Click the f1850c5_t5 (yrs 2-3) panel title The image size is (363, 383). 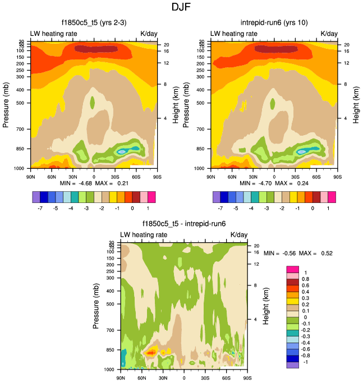click(93, 23)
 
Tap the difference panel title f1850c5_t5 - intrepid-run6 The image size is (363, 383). click(183, 224)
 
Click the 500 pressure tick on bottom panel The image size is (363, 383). click(109, 304)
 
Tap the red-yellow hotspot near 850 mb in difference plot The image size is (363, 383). click(150, 353)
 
